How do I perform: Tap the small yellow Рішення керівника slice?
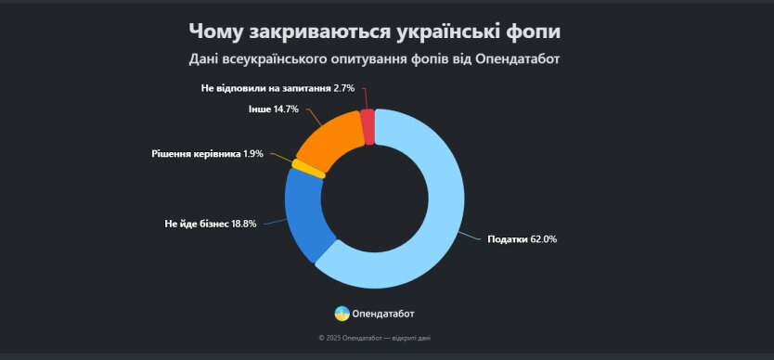308,168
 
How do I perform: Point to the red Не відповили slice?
368,126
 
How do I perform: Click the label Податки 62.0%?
522,239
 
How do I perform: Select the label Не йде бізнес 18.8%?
211,224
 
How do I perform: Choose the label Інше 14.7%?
273,109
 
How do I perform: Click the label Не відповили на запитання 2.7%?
277,88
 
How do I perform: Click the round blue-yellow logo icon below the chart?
342,314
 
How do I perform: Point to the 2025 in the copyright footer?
332,338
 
